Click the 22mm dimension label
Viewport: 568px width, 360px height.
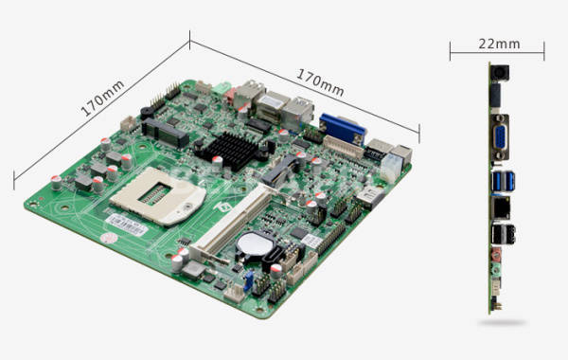tap(499, 44)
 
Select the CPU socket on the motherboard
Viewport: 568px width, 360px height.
tap(157, 194)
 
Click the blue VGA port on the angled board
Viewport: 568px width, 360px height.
tap(343, 128)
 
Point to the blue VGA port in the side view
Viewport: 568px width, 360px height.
tap(501, 137)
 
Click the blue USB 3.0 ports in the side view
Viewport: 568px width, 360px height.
tap(504, 181)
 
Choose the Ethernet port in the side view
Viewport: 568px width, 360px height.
tap(501, 207)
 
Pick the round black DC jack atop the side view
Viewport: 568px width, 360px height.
tap(500, 73)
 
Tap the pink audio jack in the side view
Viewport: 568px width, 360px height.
tap(496, 255)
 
